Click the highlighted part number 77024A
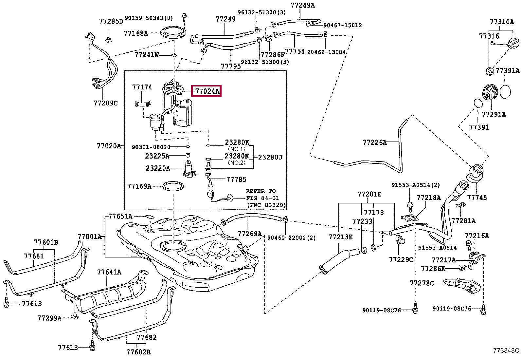pyautogui.click(x=207, y=91)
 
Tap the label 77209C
pyautogui.click(x=106, y=103)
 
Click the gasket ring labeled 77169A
pyautogui.click(x=173, y=186)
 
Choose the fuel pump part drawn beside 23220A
pyautogui.click(x=190, y=169)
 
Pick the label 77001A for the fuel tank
pyautogui.click(x=89, y=237)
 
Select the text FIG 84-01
pyautogui.click(x=262, y=198)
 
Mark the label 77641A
pyautogui.click(x=109, y=272)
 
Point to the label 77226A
pyautogui.click(x=374, y=142)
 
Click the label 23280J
pyautogui.click(x=270, y=158)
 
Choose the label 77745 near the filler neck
pyautogui.click(x=477, y=198)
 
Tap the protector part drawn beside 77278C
pyautogui.click(x=462, y=286)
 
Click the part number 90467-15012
pyautogui.click(x=342, y=25)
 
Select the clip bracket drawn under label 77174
pyautogui.click(x=143, y=104)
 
